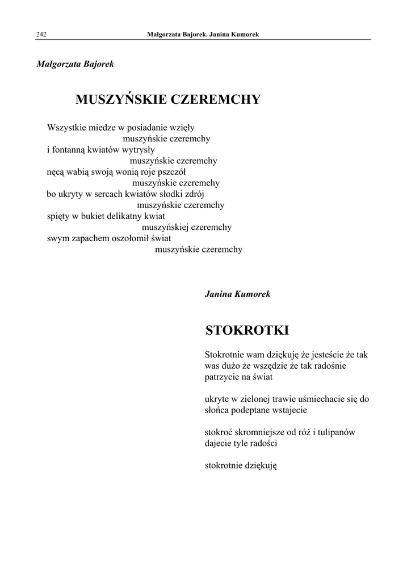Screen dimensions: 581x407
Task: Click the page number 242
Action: pos(41,35)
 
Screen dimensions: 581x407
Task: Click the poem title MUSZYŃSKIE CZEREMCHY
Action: pos(167,100)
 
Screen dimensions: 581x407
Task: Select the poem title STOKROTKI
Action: pos(247,330)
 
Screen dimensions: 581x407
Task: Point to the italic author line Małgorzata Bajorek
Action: pos(75,64)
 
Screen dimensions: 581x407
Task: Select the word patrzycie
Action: pos(223,377)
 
